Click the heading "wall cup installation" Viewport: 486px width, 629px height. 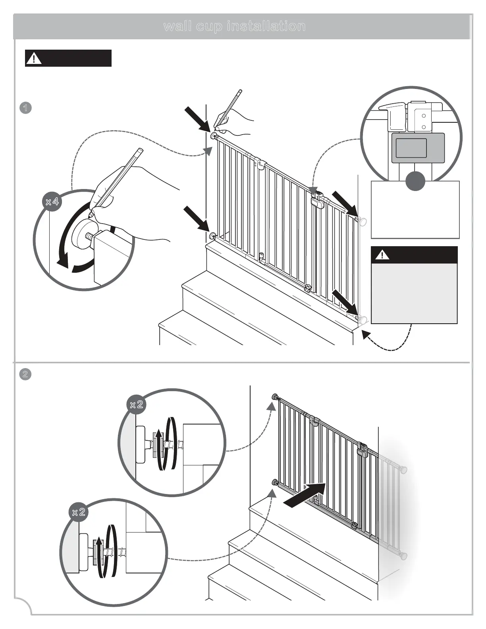[x=235, y=27]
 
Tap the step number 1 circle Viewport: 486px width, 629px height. [x=25, y=108]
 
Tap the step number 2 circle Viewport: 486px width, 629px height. [x=25, y=374]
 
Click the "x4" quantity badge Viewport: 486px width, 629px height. [x=52, y=202]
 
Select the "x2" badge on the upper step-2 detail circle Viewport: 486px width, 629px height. [x=137, y=405]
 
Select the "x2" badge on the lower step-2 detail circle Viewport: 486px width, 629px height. [x=79, y=512]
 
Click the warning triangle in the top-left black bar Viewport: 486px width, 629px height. [x=34, y=59]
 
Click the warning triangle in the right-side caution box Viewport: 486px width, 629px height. [x=382, y=255]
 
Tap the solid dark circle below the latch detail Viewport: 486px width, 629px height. [x=415, y=181]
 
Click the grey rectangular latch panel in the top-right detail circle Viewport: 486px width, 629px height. [x=418, y=148]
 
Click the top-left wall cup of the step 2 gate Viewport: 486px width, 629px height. [x=274, y=397]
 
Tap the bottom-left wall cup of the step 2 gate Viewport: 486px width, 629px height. [x=274, y=482]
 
